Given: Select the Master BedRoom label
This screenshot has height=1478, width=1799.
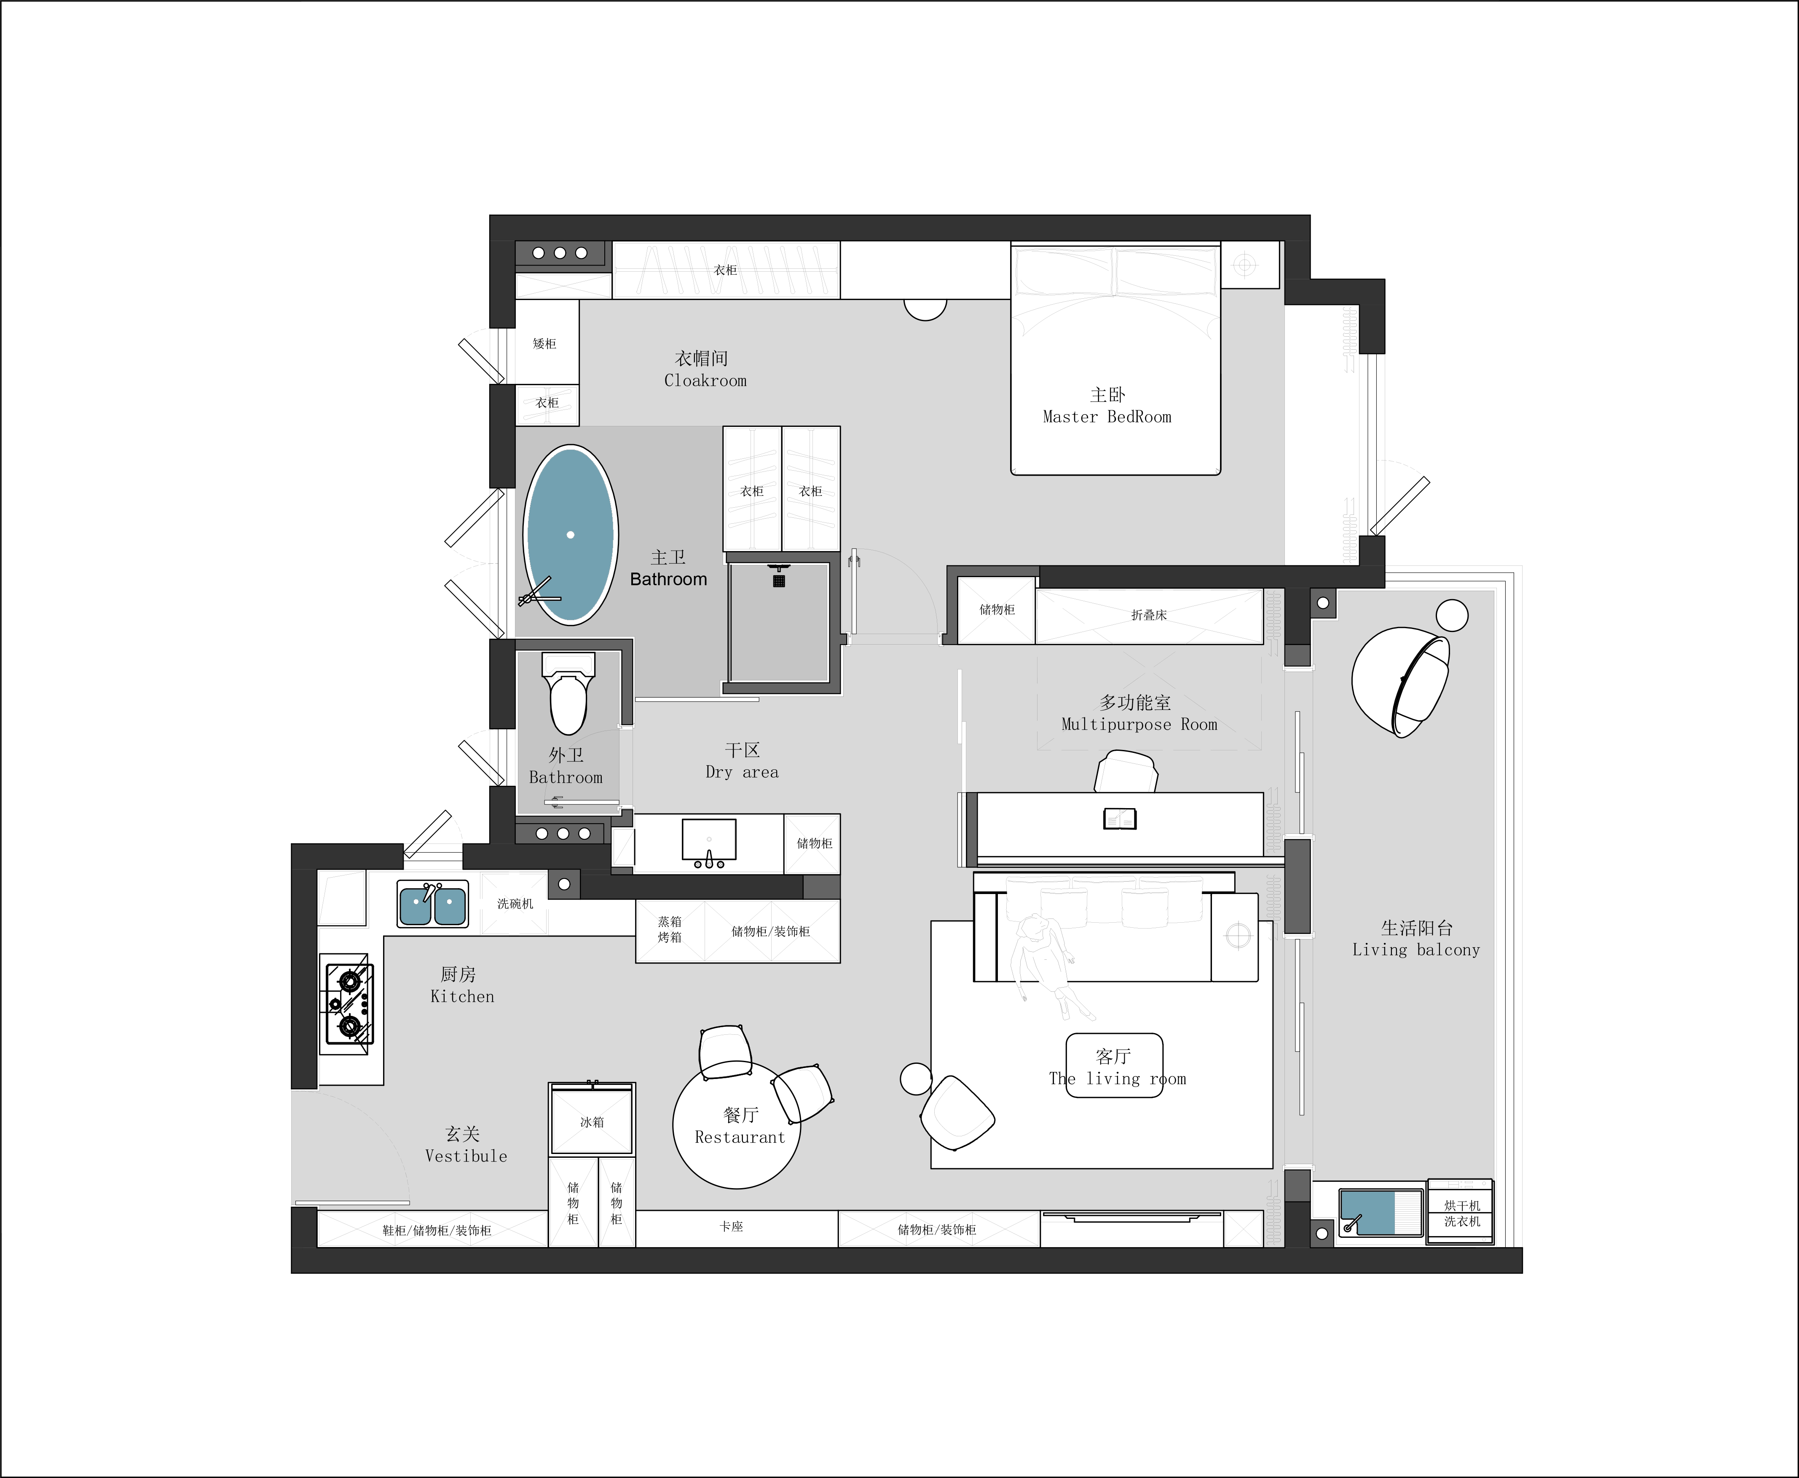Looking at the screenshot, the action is [1107, 416].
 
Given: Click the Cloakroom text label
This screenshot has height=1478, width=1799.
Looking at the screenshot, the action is [705, 380].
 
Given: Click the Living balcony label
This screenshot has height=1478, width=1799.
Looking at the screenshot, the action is [1416, 949].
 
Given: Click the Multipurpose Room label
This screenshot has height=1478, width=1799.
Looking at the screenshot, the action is [1139, 725].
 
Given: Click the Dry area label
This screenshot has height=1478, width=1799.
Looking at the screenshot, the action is [742, 772].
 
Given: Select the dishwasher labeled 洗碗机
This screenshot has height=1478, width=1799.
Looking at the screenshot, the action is [514, 903].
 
